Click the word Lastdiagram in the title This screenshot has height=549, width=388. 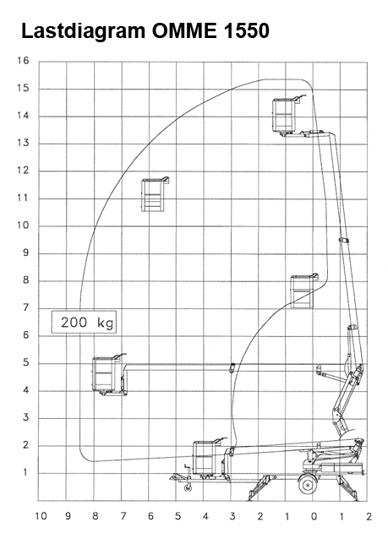pyautogui.click(x=84, y=31)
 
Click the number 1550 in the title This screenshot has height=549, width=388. pyautogui.click(x=246, y=30)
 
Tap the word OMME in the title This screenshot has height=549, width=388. pyautogui.click(x=184, y=30)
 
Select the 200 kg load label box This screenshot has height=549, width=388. pyautogui.click(x=84, y=322)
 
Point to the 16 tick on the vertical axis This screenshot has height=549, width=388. pyautogui.click(x=23, y=61)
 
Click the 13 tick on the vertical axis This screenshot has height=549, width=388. pyautogui.click(x=23, y=143)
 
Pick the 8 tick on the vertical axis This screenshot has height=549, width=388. pyautogui.click(x=26, y=280)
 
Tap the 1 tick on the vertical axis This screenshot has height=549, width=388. pyautogui.click(x=25, y=472)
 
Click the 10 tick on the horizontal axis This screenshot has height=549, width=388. pyautogui.click(x=41, y=516)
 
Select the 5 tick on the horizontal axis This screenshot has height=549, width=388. pyautogui.click(x=178, y=516)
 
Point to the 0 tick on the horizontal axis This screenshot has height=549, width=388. pyautogui.click(x=314, y=516)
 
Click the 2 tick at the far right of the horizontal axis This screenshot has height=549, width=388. pyautogui.click(x=369, y=516)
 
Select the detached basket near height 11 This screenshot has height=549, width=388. pyautogui.click(x=155, y=194)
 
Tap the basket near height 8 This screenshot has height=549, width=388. pyautogui.click(x=303, y=291)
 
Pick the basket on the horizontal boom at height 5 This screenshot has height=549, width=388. pyautogui.click(x=108, y=374)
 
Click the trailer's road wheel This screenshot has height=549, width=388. pyautogui.click(x=308, y=484)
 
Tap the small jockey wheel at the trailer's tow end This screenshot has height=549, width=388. pyautogui.click(x=188, y=487)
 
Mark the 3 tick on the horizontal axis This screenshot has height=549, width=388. pyautogui.click(x=232, y=516)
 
